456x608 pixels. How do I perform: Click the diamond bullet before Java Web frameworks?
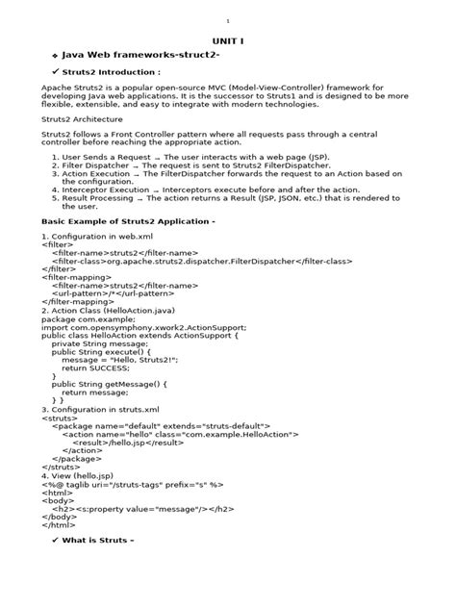[55, 58]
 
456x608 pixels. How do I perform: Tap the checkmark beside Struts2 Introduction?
[55, 72]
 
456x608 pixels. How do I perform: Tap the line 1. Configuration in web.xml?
[98, 236]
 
